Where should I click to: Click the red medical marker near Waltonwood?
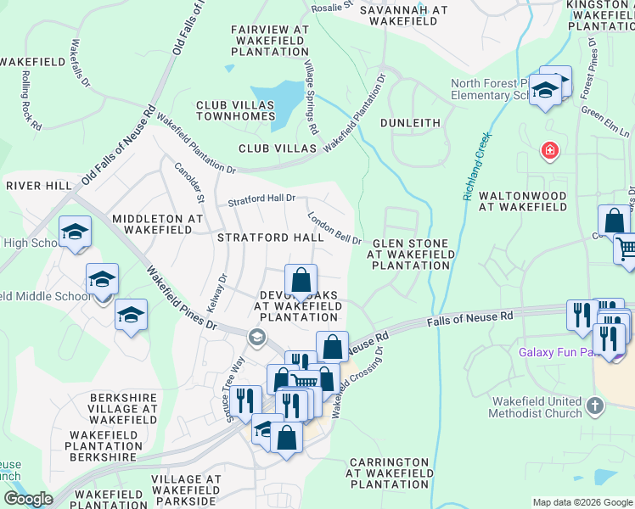click(550, 151)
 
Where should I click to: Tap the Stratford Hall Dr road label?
click(261, 200)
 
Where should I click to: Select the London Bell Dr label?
click(334, 227)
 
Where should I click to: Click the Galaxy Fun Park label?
click(554, 351)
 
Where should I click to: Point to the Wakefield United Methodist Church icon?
click(594, 406)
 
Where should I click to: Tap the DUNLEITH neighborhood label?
click(410, 123)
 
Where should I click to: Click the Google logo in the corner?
click(28, 499)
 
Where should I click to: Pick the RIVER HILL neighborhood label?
click(39, 185)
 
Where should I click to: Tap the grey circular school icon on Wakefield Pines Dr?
click(256, 338)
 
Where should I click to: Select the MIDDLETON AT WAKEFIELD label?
click(158, 225)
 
